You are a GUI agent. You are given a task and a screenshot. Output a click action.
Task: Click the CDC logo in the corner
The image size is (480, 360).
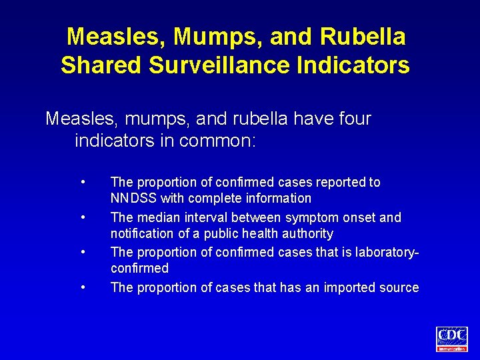click(452, 338)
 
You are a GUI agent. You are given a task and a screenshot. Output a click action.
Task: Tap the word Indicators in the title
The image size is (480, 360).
click(356, 65)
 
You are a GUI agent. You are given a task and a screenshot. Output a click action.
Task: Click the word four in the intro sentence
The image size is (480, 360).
click(351, 119)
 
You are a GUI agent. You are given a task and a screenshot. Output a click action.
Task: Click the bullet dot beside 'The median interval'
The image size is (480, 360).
click(83, 217)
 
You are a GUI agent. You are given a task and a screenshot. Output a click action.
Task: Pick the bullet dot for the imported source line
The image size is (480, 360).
click(83, 287)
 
